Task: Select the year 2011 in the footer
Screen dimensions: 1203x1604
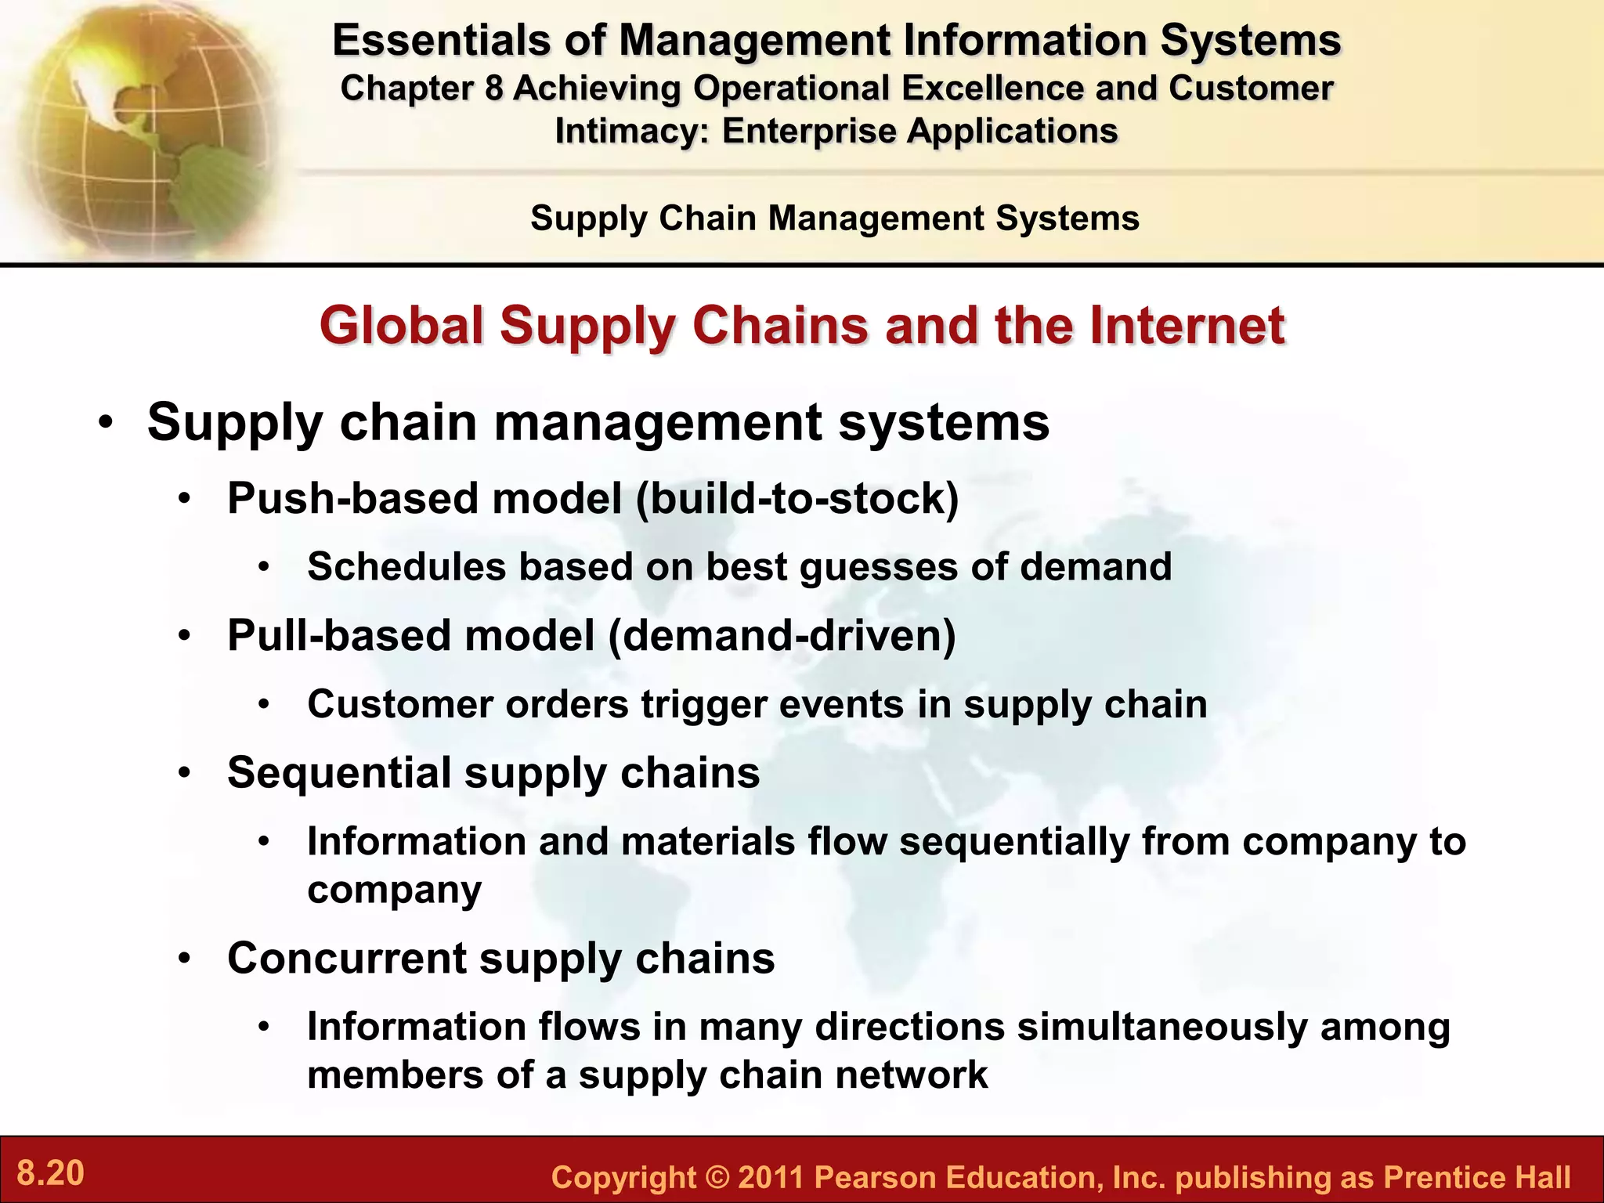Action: (771, 1177)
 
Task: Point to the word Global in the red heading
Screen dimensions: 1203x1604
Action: (402, 326)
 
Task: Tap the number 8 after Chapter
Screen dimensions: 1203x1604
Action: (493, 89)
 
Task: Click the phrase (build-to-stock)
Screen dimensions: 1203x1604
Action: (798, 499)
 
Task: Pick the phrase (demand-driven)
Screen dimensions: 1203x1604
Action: (782, 635)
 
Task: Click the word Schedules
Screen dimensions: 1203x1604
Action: (407, 567)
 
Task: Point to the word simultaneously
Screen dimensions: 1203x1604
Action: (1162, 1027)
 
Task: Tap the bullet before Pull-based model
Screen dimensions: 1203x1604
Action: (184, 636)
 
